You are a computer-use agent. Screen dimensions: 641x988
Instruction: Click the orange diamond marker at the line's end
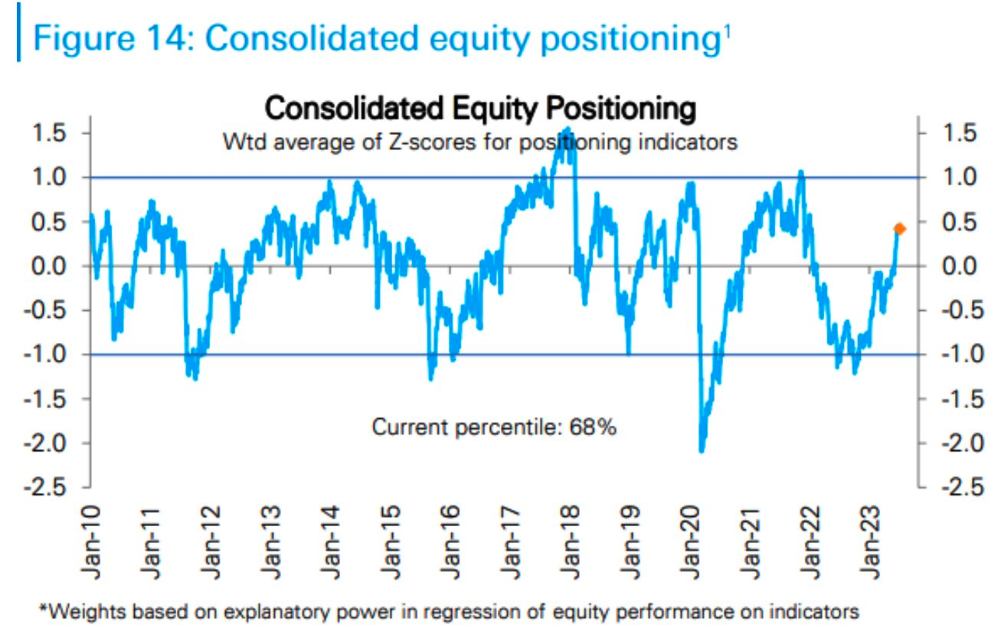(x=899, y=228)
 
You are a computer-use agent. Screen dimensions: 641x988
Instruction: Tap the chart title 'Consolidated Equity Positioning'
(x=479, y=109)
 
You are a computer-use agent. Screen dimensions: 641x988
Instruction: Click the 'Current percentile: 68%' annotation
(x=494, y=427)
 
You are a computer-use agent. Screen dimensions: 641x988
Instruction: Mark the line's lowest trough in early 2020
(x=701, y=450)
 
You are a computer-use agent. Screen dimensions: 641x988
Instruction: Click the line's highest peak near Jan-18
(x=567, y=128)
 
